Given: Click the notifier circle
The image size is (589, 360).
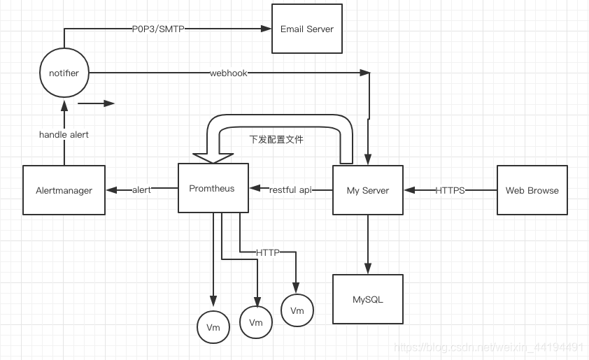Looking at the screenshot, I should [64, 73].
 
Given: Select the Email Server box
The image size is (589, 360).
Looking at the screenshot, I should [306, 29].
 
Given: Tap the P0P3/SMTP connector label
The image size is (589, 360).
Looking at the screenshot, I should [158, 29].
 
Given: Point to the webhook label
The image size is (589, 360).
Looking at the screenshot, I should [228, 73].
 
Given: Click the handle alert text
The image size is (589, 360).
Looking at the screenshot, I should [64, 134].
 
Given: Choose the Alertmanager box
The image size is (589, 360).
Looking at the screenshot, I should [64, 190].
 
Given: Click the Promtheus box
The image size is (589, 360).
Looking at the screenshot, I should [213, 188].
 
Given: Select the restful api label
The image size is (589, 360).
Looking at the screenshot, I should [290, 189].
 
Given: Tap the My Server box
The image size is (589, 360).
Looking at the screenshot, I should [367, 190].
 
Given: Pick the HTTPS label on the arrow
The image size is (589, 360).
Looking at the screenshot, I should [450, 190].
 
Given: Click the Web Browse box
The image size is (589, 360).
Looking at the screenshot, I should [532, 190].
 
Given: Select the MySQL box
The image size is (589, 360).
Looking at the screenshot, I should [367, 299].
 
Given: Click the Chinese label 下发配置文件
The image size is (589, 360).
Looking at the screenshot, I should [276, 139].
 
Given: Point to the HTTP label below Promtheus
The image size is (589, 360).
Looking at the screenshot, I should [267, 252].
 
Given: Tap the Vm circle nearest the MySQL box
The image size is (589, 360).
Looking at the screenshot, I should [297, 310].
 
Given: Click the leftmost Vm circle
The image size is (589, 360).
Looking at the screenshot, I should [213, 327].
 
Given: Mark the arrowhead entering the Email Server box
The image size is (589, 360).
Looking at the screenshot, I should [267, 29].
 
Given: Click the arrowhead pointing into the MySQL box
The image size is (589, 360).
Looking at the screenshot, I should [367, 269].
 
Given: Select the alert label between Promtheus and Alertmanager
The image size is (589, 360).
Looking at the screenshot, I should [141, 189].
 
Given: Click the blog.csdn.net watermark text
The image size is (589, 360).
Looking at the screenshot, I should [489, 347].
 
